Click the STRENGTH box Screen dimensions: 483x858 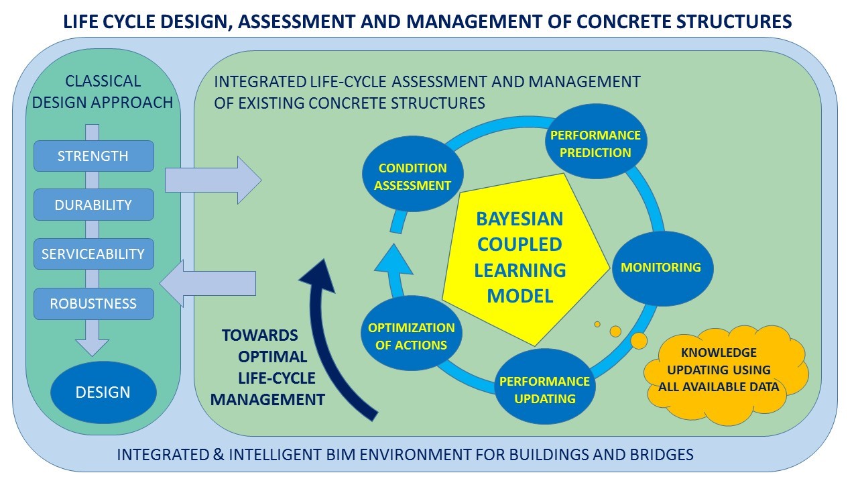pos(93,156)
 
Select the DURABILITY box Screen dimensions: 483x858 pos(93,205)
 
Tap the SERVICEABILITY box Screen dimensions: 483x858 pos(93,254)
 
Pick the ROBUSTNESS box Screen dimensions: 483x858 pos(93,303)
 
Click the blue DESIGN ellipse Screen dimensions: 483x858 pos(103,392)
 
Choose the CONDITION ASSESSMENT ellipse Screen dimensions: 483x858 pos(412,176)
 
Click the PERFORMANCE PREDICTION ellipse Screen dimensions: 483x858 pos(595,144)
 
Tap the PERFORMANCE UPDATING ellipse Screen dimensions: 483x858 pos(544,390)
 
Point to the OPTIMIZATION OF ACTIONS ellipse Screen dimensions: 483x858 pos(411,336)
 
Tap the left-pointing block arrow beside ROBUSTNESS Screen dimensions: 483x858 pos(210,282)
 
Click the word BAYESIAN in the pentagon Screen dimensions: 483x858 pos(519,219)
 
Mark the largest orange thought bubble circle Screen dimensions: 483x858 pos(639,341)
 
